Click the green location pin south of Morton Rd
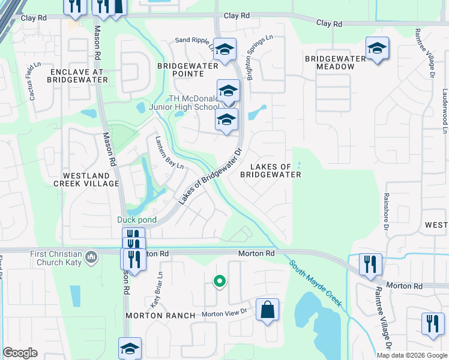[220, 281]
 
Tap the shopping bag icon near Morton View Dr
[267, 310]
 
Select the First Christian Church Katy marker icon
[91, 257]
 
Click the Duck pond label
[137, 220]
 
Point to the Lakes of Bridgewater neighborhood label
[270, 170]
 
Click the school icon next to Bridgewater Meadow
[377, 49]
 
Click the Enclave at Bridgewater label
[76, 75]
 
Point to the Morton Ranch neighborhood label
[160, 316]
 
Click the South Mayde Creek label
[316, 283]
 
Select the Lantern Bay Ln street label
[170, 155]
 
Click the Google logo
[20, 353]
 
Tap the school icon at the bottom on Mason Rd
[130, 349]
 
